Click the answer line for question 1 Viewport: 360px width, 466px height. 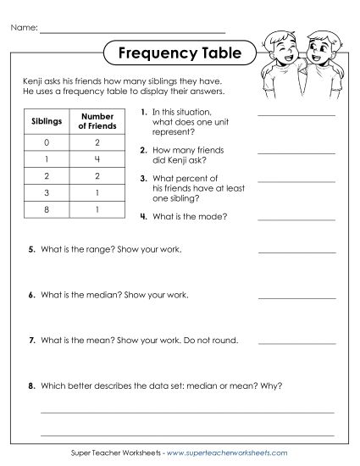(296, 114)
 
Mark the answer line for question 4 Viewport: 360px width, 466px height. (296, 219)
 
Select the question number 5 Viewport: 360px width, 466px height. (31, 251)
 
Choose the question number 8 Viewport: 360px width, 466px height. (31, 386)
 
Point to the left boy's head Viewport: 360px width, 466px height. (276, 46)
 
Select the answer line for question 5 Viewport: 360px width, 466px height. (296, 252)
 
